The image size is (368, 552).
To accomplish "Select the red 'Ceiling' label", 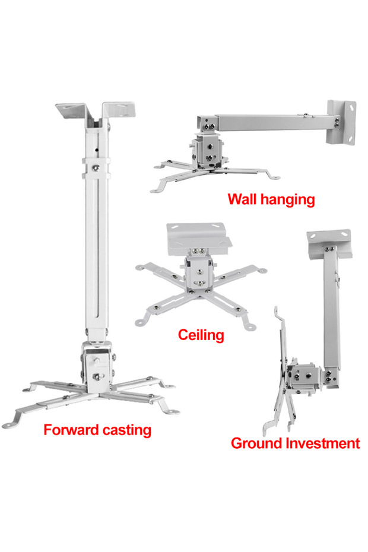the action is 201,335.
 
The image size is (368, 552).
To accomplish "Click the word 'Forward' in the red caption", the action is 68,430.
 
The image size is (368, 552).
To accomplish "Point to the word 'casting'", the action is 123,431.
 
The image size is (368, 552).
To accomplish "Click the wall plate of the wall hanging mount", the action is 341,122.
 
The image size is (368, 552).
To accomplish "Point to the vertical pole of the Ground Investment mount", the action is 331,310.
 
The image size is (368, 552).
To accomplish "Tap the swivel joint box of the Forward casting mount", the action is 97,366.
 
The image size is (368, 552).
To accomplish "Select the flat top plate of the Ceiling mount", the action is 199,237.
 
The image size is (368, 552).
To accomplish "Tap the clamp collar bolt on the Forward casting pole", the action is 96,168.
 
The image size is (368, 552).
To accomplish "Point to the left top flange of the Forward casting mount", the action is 73,110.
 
